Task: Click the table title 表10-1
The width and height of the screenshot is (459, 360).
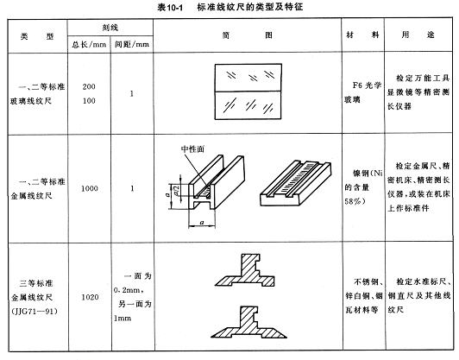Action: click(170, 7)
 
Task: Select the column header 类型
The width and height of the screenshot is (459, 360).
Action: click(37, 36)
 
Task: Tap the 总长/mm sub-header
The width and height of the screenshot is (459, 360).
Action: click(89, 45)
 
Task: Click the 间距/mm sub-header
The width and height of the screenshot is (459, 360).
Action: click(132, 44)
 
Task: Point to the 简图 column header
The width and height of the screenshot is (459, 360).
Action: click(248, 35)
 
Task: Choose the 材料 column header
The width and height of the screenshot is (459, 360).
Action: click(362, 35)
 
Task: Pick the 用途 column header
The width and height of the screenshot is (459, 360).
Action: click(418, 35)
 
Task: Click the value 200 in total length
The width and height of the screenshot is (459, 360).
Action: click(89, 86)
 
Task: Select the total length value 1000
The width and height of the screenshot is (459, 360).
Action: click(89, 188)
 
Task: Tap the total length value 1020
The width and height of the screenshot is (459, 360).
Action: click(90, 297)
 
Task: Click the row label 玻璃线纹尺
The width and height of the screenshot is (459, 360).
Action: click(31, 101)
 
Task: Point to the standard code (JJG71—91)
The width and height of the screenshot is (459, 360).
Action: click(35, 311)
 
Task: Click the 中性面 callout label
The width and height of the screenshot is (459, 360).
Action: click(192, 149)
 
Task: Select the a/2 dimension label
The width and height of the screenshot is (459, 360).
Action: click(177, 191)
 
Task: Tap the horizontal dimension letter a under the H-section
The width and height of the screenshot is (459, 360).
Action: click(202, 223)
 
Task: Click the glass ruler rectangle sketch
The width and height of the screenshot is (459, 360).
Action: click(248, 92)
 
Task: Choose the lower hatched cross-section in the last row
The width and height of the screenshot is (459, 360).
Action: click(248, 322)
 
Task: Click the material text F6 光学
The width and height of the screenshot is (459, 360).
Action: click(367, 85)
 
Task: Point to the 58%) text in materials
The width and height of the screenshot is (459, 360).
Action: click(355, 201)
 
